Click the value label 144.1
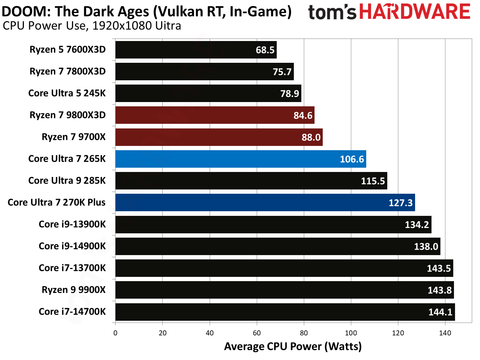click(x=440, y=312)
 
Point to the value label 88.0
click(x=311, y=137)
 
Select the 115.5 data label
click(x=373, y=181)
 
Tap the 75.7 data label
click(x=282, y=72)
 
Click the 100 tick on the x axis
click(x=351, y=333)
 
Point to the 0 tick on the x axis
click(x=115, y=333)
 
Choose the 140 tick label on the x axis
click(x=445, y=333)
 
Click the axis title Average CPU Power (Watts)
click(x=293, y=346)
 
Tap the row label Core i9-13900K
click(x=72, y=224)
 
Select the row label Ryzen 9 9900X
click(x=73, y=290)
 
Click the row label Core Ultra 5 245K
click(x=67, y=93)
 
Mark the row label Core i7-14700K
click(x=72, y=311)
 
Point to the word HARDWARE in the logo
click(x=415, y=12)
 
